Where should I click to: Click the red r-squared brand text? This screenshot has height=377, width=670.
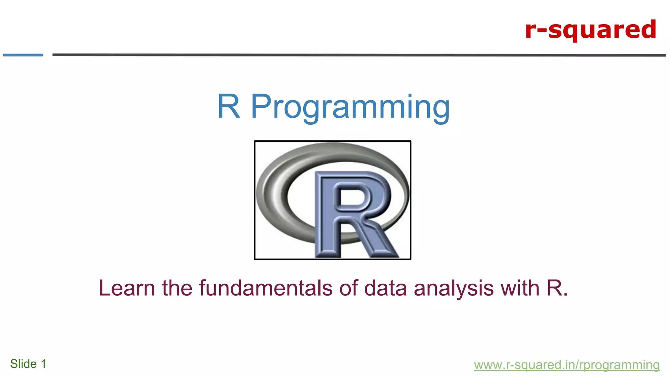click(591, 29)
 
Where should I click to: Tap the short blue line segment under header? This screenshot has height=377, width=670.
click(23, 55)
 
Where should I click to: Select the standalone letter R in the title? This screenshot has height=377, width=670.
click(229, 106)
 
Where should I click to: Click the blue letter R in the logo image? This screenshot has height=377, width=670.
click(352, 209)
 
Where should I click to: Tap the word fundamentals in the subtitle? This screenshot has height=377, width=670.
click(266, 288)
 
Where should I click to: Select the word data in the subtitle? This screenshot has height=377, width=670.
click(385, 288)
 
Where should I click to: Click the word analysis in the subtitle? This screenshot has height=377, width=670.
click(454, 288)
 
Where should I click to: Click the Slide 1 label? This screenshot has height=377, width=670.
click(28, 364)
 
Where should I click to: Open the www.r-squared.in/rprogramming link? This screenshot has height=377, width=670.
click(567, 365)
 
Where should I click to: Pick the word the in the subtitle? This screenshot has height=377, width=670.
click(177, 288)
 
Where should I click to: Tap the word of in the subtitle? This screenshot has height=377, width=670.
click(348, 288)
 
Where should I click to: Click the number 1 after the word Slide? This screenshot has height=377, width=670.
click(43, 364)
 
